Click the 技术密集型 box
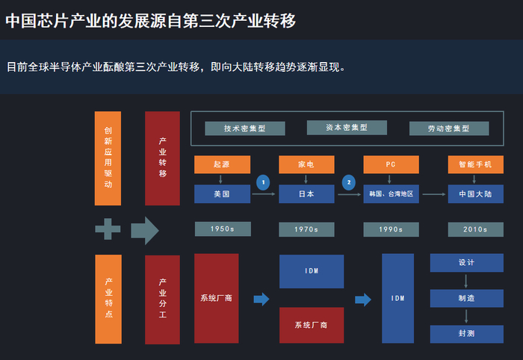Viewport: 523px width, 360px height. coord(245,128)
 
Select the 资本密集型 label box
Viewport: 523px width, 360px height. coord(347,128)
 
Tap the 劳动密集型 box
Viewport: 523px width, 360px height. coord(449,128)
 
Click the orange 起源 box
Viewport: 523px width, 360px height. coord(222,164)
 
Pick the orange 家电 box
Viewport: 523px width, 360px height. coord(306,164)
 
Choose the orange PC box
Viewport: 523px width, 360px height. coord(391,164)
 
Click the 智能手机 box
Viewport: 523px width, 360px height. coord(476,164)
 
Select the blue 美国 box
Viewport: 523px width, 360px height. coord(222,194)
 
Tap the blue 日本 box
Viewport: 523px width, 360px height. coord(306,194)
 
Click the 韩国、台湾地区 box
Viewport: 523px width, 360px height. coord(391,194)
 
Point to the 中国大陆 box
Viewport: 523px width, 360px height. coord(476,194)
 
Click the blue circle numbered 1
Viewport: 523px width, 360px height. coord(263,182)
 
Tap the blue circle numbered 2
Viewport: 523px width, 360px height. coord(349,182)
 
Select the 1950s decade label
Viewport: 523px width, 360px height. coord(223,229)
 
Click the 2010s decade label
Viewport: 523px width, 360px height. coord(476,229)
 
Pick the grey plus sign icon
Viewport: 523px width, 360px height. coord(108,229)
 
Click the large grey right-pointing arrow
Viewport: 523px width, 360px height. coord(145,230)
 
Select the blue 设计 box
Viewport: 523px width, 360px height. coord(467,263)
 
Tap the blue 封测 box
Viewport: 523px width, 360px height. coord(467,334)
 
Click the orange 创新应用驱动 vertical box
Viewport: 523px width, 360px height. coord(108,158)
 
